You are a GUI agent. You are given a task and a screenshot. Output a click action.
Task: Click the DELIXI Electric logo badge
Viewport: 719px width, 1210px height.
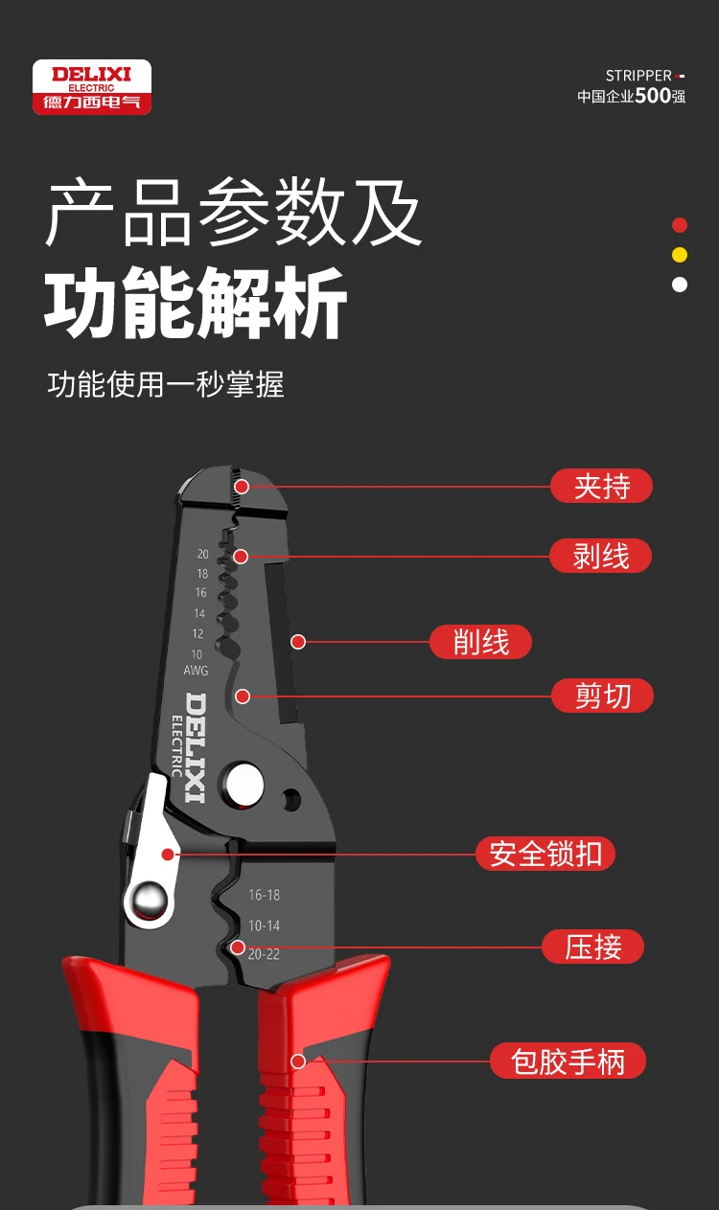coord(92,87)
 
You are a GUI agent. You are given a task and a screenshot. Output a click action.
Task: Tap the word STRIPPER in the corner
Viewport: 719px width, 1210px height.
coord(638,76)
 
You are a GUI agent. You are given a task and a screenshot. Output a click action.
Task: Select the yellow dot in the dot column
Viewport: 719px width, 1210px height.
coord(680,255)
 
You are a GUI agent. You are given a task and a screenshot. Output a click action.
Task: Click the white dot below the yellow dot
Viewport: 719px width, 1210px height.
coord(680,285)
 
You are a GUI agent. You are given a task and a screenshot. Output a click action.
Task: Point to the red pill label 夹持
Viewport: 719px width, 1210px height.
coord(602,486)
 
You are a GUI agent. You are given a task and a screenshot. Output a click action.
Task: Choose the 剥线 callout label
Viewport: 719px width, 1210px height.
coord(601,556)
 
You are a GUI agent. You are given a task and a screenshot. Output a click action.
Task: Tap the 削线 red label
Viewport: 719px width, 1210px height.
coord(480,642)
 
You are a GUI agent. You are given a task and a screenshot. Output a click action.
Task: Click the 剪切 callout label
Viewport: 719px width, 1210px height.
coord(602,696)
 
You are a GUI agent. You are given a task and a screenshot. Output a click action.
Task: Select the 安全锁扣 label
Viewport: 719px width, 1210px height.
coord(545,854)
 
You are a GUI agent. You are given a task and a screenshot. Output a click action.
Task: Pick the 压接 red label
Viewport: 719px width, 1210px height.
coord(593,947)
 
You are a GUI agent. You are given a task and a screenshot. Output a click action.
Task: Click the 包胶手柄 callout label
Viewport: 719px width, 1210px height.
coord(568,1061)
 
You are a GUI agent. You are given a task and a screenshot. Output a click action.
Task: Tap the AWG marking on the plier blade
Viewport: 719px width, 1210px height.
coord(196,671)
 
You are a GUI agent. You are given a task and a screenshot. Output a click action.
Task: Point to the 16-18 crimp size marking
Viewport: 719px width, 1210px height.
coord(265,896)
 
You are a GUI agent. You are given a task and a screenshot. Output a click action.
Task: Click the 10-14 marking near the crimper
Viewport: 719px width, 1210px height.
coord(264,925)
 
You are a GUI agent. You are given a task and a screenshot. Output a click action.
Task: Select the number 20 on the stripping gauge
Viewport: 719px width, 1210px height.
coord(202,554)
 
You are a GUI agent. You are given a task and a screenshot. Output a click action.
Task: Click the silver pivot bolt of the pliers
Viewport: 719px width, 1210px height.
coord(244,785)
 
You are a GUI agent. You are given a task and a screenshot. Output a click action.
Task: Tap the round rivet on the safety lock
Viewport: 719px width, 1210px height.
coord(150,901)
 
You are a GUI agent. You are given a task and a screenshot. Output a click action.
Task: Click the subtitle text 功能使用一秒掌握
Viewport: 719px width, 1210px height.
coord(166,384)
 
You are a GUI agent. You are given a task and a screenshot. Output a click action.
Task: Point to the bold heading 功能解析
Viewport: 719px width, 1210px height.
coord(196,303)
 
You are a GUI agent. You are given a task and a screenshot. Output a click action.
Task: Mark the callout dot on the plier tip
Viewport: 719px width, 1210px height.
coord(242,487)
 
